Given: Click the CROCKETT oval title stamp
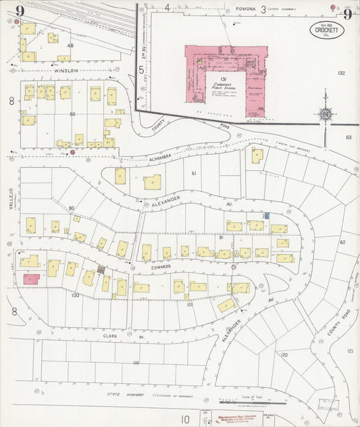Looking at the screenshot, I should point(329,30).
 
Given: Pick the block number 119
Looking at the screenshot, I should point(136,363).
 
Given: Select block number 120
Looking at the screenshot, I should point(284,354).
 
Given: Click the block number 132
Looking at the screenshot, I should point(341,73).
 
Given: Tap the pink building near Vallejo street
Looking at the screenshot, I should point(31,278).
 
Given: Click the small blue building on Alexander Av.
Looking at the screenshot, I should point(267,214).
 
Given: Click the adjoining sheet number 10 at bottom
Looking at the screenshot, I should point(184,420).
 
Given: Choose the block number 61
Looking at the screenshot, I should point(193,174).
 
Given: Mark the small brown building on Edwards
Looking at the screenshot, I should point(101,270).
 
